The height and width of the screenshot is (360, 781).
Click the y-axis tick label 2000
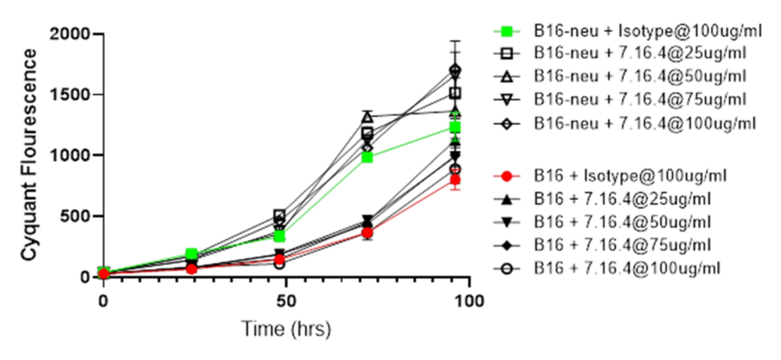click(70, 34)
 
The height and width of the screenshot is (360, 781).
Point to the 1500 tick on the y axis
click(70, 95)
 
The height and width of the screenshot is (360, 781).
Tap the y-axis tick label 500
click(75, 216)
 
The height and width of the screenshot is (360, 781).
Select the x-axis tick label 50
click(286, 301)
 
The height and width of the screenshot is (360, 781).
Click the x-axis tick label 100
click(469, 301)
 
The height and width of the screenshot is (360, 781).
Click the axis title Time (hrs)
click(286, 329)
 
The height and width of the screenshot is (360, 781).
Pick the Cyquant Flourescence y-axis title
click(29, 155)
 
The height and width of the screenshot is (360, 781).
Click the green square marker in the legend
click(507, 31)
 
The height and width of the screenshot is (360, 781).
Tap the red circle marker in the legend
click(507, 176)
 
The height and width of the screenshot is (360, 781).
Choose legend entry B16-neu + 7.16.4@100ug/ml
click(644, 124)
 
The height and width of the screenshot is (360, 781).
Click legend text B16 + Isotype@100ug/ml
click(630, 176)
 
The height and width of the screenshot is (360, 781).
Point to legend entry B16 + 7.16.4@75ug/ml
click(622, 245)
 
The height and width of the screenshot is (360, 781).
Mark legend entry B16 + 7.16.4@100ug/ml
click(627, 269)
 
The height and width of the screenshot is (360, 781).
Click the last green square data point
click(455, 127)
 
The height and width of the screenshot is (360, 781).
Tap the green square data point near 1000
click(367, 157)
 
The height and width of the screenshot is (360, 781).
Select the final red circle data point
click(455, 180)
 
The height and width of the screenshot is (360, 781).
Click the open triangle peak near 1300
click(367, 117)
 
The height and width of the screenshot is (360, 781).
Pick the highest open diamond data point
click(455, 70)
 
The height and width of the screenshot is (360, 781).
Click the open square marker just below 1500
click(455, 93)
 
